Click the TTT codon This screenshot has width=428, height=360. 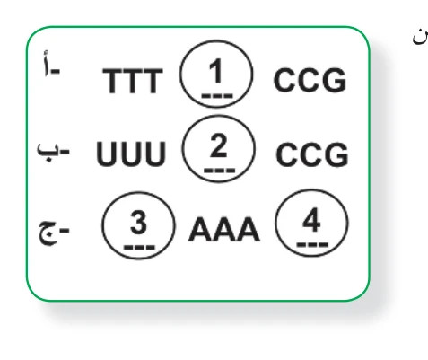click(133, 81)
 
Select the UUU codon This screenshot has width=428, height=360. click(131, 154)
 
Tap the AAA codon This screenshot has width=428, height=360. click(224, 229)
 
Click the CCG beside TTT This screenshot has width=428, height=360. click(310, 80)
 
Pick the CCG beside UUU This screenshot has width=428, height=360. click(312, 154)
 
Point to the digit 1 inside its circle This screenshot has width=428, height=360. click(215, 71)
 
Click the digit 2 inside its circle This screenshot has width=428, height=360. click(218, 145)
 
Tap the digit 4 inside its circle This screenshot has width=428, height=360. click(311, 220)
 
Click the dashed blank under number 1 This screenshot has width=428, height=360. click(217, 96)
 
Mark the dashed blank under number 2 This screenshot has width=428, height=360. click(220, 171)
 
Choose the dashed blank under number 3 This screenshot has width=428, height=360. click(139, 248)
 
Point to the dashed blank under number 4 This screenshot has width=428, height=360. click(312, 245)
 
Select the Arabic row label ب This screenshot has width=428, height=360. click(53, 152)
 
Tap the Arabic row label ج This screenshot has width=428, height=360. click(54, 233)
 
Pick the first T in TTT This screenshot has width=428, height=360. click(113, 81)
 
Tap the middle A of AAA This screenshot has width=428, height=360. click(224, 229)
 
